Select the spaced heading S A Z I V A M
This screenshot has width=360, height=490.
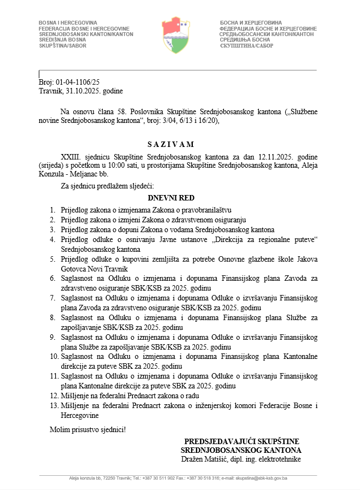171,144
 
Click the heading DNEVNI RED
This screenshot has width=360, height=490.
171,198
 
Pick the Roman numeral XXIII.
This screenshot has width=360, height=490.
71,157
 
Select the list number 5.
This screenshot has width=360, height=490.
52,259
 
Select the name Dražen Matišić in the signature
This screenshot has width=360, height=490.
204,459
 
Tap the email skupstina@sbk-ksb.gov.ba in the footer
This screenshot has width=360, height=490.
261,479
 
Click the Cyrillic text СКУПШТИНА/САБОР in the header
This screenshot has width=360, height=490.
243,46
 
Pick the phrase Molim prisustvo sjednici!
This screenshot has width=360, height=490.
87,429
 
